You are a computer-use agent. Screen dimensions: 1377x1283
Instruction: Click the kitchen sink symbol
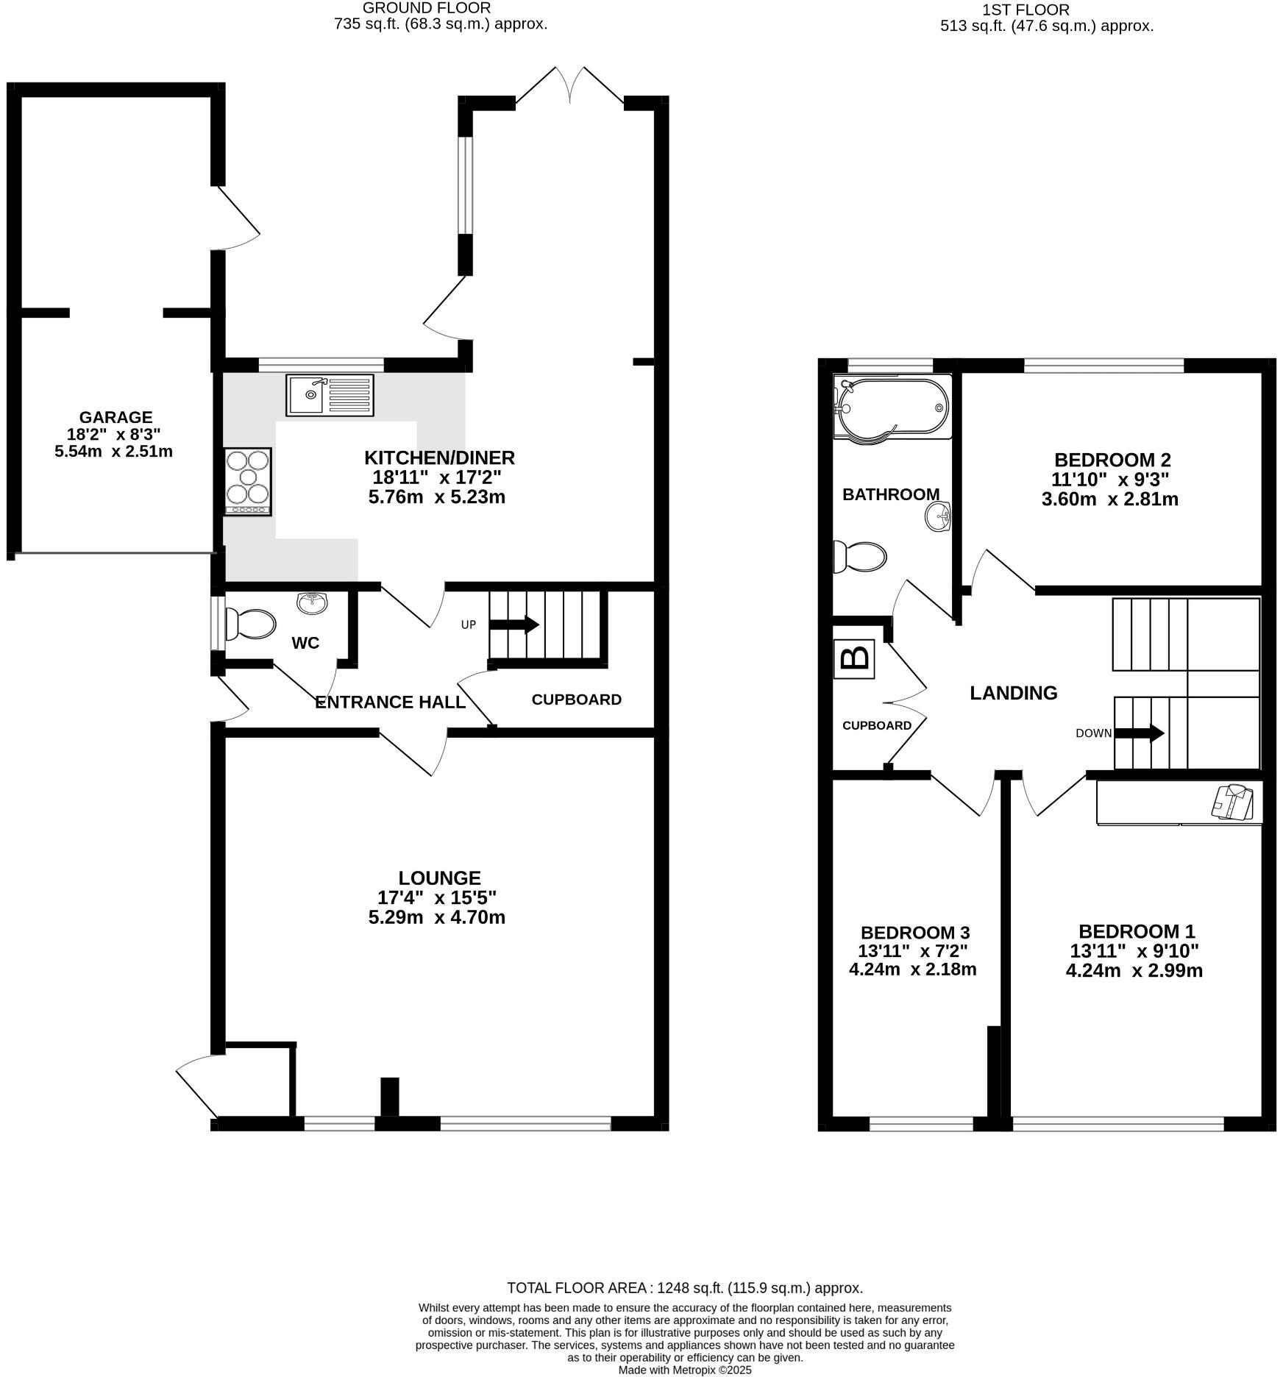pyautogui.click(x=330, y=395)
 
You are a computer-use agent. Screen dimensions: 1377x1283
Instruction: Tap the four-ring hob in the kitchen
pyautogui.click(x=248, y=482)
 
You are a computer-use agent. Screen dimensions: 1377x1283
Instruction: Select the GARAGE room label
pyautogui.click(x=115, y=418)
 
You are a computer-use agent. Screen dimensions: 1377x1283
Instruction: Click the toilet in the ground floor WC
pyautogui.click(x=249, y=625)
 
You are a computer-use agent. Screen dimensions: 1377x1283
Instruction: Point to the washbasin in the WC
pyautogui.click(x=313, y=603)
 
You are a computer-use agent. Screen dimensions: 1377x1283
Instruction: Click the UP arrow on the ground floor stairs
pyautogui.click(x=514, y=625)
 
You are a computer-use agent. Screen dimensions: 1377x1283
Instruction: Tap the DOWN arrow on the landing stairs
pyautogui.click(x=1140, y=733)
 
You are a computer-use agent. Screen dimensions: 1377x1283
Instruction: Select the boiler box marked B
pyautogui.click(x=854, y=658)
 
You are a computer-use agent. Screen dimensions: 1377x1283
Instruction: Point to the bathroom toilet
pyautogui.click(x=859, y=557)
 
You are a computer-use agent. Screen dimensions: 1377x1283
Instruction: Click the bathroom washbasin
pyautogui.click(x=939, y=516)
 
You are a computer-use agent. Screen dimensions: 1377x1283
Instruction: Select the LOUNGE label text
pyautogui.click(x=439, y=878)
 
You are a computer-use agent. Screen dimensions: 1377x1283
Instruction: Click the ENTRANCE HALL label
pyautogui.click(x=390, y=702)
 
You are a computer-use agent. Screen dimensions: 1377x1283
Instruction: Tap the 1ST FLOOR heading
pyautogui.click(x=1025, y=10)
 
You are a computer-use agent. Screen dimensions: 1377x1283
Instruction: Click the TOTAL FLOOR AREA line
pyautogui.click(x=684, y=1288)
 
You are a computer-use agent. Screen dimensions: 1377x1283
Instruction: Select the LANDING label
pyautogui.click(x=1013, y=693)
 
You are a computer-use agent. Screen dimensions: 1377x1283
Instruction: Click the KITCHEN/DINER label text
pyautogui.click(x=439, y=458)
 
